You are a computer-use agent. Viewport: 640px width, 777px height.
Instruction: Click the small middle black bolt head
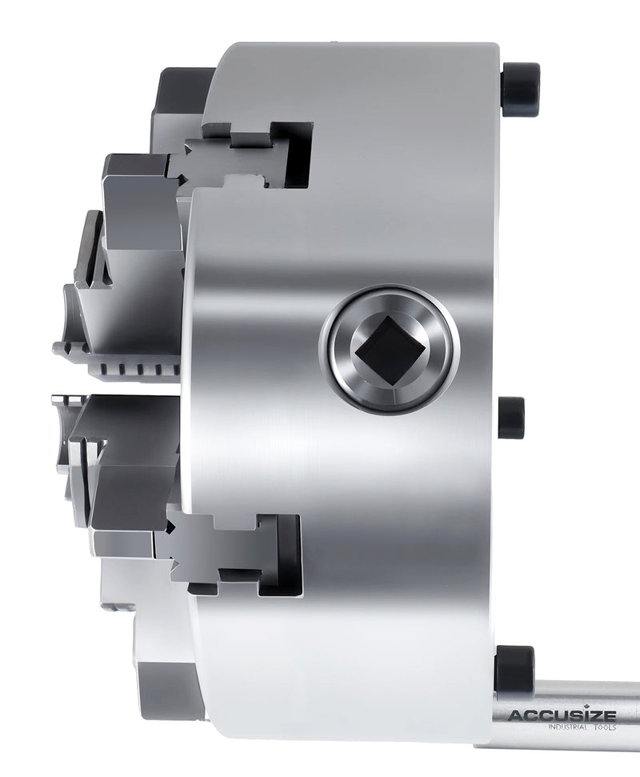tap(512, 417)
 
